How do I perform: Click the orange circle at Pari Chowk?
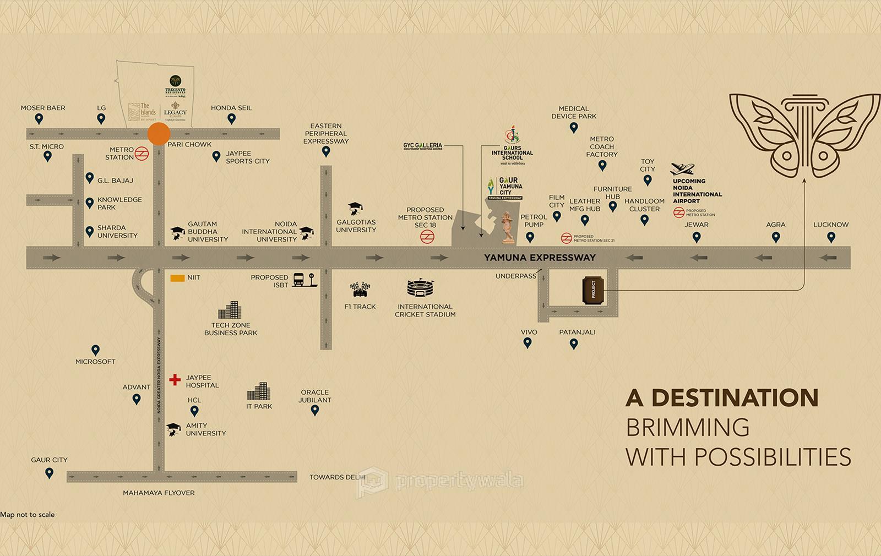pos(159,134)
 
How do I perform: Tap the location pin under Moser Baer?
pos(39,119)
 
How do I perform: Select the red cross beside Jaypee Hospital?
pos(175,380)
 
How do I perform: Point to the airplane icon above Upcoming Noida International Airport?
pos(683,169)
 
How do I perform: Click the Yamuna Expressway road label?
pos(540,258)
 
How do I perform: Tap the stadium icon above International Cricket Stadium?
pos(421,289)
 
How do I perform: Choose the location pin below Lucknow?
pos(831,237)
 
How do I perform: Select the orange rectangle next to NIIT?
pos(177,278)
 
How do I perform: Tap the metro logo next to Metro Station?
pos(142,154)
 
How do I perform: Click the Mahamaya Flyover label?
pos(159,493)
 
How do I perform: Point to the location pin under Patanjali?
pos(574,344)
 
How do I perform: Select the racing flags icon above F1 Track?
pos(360,289)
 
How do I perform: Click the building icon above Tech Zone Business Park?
pos(229,310)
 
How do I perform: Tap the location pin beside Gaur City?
pos(50,473)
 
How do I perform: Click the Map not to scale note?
pos(28,515)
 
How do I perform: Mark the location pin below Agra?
pos(776,237)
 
